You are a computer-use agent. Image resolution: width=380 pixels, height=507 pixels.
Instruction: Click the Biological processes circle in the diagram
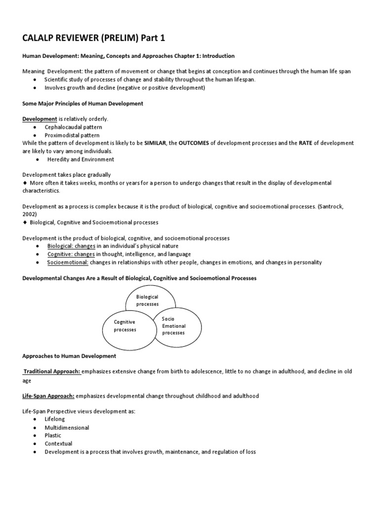coord(147,300)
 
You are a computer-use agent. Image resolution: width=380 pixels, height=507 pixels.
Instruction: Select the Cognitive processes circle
coord(124,325)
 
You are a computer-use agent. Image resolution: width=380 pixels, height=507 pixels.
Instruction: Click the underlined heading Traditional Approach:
coord(52,371)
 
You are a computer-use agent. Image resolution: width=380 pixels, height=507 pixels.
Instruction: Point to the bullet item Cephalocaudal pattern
coord(71,127)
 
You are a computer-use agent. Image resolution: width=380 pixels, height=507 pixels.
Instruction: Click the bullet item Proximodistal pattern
coord(72,135)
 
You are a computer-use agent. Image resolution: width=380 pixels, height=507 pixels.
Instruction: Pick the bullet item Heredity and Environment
coord(80,159)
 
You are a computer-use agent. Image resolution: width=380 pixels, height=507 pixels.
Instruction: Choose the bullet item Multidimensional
coord(67,427)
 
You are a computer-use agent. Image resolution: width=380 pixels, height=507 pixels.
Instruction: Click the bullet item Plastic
coord(53,435)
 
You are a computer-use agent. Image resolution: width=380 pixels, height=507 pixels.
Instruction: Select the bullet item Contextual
coord(58,444)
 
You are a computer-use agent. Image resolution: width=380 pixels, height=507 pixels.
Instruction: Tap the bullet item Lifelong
coord(54,419)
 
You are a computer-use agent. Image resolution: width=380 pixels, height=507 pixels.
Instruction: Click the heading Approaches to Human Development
coord(69,356)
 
